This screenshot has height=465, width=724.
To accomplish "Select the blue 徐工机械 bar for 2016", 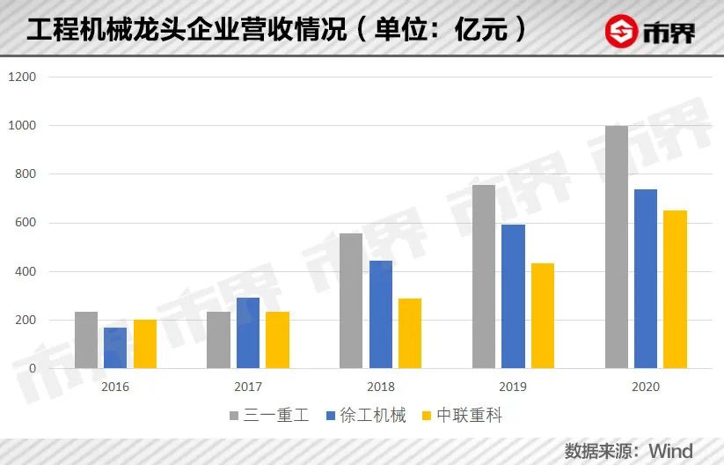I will [115, 348].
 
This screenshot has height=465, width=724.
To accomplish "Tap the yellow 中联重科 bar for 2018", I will [410, 333].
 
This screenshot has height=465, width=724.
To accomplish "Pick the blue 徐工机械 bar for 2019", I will [513, 296].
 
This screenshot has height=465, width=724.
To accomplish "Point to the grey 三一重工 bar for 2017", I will [218, 340].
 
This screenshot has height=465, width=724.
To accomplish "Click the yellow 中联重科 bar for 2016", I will [145, 343].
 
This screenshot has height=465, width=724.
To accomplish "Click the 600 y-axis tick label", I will [25, 223].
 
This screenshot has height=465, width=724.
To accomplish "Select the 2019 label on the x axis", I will [513, 387].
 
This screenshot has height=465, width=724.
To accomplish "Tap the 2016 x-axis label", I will [115, 387].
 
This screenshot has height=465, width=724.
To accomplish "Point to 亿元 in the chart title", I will [481, 31].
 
